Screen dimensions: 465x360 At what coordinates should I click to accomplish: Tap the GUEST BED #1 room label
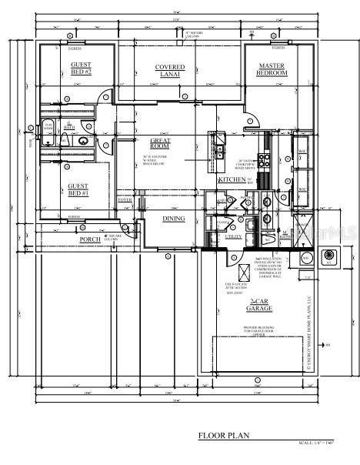pyautogui.click(x=78, y=189)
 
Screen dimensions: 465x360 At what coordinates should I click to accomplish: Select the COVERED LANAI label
pyautogui.click(x=170, y=71)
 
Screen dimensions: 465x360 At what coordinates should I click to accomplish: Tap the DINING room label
pyautogui.click(x=173, y=219)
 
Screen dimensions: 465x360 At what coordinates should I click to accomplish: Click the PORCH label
pyautogui.click(x=91, y=239)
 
